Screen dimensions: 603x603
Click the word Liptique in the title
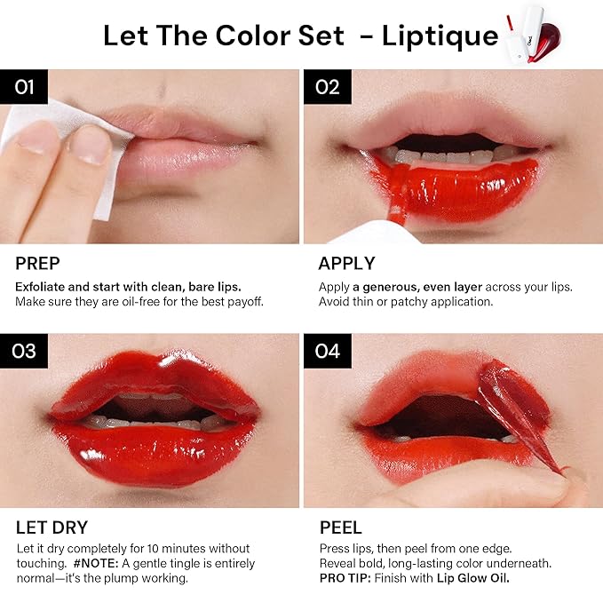tap(440, 36)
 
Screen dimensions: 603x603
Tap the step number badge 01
tap(24, 86)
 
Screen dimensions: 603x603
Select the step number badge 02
tap(327, 86)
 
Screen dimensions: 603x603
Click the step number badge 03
tap(24, 351)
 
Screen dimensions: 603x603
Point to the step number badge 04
tap(327, 351)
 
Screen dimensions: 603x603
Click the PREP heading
tap(36, 264)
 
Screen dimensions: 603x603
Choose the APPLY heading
tap(346, 264)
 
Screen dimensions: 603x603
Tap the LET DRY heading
tap(52, 528)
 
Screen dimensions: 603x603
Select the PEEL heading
tap(340, 528)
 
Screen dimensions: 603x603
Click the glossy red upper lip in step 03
tap(151, 377)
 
